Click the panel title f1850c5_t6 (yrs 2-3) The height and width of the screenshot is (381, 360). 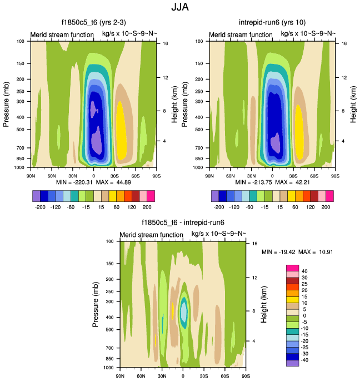[x=93, y=23]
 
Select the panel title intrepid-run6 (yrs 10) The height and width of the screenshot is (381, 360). [x=272, y=23]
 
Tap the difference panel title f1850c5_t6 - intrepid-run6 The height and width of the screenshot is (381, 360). [x=182, y=223]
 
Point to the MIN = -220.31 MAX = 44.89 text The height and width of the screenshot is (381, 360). [x=93, y=182]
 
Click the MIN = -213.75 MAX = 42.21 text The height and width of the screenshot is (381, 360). [x=272, y=182]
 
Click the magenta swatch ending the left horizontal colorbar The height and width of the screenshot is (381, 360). [x=151, y=195]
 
